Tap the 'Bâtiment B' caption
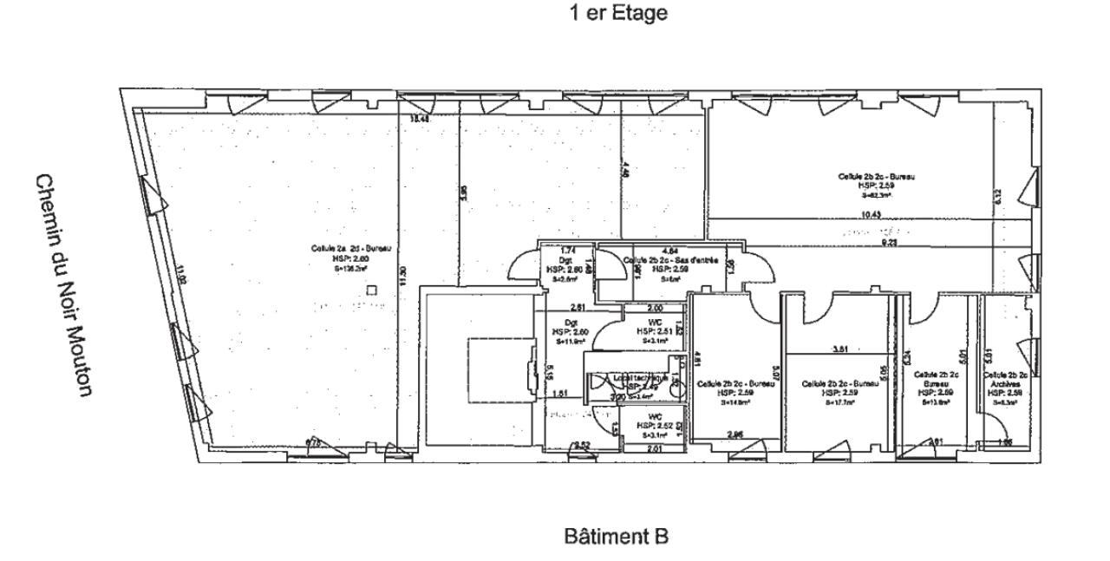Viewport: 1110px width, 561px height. point(616,538)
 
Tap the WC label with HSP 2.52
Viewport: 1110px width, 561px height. point(656,419)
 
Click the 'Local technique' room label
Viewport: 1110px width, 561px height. point(640,379)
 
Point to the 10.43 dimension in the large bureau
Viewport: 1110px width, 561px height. point(872,215)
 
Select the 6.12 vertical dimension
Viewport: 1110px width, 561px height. point(998,197)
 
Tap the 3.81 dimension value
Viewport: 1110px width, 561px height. point(839,349)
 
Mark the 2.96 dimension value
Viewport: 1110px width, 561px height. point(735,434)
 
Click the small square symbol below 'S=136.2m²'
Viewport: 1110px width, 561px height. point(372,290)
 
